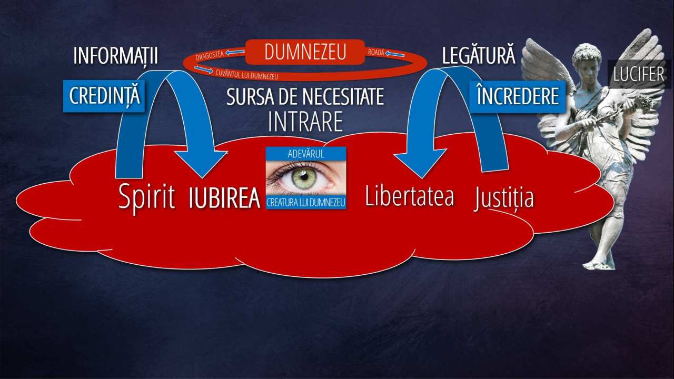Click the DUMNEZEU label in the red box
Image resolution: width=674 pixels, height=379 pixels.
tap(305, 52)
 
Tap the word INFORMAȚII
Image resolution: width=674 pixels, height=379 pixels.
tap(115, 56)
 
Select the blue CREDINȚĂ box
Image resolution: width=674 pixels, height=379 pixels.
tap(104, 96)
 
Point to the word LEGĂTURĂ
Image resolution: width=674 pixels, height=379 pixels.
tap(479, 55)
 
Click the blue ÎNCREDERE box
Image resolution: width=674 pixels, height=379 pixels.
tap(518, 97)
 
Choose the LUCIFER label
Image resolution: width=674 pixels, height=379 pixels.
tap(639, 74)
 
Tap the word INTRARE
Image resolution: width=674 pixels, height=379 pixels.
tap(305, 122)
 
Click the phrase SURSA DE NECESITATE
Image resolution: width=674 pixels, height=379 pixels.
tap(305, 97)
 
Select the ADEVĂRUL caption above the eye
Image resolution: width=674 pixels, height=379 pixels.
tap(306, 154)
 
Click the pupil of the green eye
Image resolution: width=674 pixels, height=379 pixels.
tap(304, 177)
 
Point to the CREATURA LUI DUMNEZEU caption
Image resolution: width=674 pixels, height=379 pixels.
tap(306, 203)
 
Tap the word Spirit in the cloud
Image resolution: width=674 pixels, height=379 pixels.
tap(146, 197)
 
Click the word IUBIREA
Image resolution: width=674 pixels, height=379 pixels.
tap(224, 198)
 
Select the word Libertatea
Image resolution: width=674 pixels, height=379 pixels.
tap(410, 196)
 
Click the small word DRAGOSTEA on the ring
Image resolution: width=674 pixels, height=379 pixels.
tap(210, 56)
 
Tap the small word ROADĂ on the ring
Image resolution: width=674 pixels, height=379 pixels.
tap(376, 52)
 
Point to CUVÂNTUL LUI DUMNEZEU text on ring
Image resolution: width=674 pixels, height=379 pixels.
tap(247, 75)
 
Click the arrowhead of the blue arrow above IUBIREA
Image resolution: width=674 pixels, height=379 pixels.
tap(202, 163)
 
